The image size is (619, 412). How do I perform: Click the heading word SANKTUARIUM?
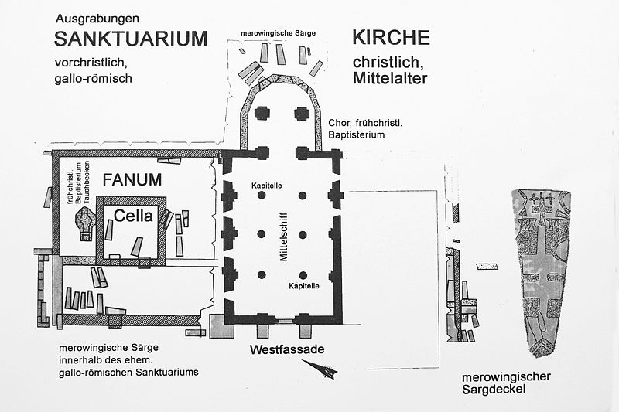pyautogui.click(x=131, y=39)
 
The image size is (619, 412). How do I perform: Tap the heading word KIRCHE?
pyautogui.click(x=391, y=37)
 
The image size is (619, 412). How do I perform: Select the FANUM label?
pyautogui.click(x=132, y=180)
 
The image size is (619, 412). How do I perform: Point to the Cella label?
pyautogui.click(x=133, y=216)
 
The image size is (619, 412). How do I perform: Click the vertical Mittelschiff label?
pyautogui.click(x=284, y=237)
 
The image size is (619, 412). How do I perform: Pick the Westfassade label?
pyautogui.click(x=287, y=349)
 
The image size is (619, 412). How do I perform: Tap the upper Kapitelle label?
pyautogui.click(x=267, y=186)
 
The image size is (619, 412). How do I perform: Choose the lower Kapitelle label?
pyautogui.click(x=304, y=286)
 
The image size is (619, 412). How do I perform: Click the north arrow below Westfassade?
pyautogui.click(x=320, y=368)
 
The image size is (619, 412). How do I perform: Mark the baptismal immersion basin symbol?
pyautogui.click(x=86, y=223)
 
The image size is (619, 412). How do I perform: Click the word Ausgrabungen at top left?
pyautogui.click(x=97, y=19)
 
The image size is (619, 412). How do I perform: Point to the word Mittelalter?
pyautogui.click(x=390, y=78)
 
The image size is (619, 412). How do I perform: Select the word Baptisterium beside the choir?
pyautogui.click(x=357, y=134)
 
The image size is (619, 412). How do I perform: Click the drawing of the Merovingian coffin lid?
pyautogui.click(x=542, y=273)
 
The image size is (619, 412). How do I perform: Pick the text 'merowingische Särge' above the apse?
pyautogui.click(x=279, y=33)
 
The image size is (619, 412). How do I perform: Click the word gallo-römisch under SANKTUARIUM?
pyautogui.click(x=93, y=78)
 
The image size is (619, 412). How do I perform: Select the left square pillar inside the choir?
pyautogui.click(x=262, y=113)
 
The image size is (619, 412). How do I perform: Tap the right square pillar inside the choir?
pyautogui.click(x=302, y=113)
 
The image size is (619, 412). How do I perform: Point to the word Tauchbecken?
pyautogui.click(x=87, y=182)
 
